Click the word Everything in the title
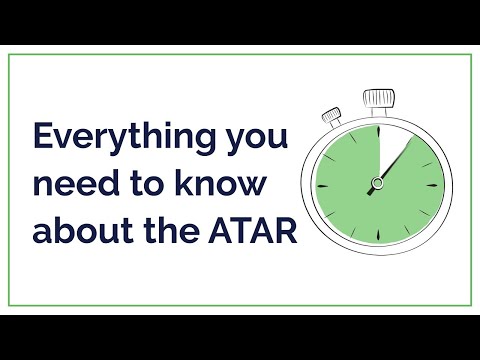pyautogui.click(x=113, y=136)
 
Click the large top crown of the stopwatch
pyautogui.click(x=379, y=98)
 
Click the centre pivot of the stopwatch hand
pyautogui.click(x=378, y=181)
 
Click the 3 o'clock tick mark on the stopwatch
pyautogui.click(x=435, y=183)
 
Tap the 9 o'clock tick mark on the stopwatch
pyautogui.click(x=321, y=183)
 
